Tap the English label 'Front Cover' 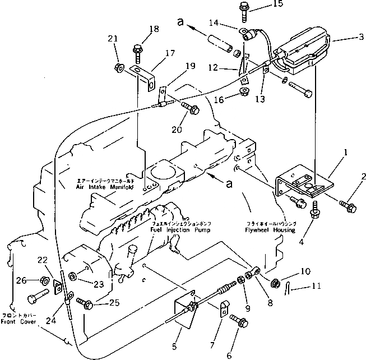[x=20, y=323]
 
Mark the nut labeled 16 [x=244, y=91]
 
